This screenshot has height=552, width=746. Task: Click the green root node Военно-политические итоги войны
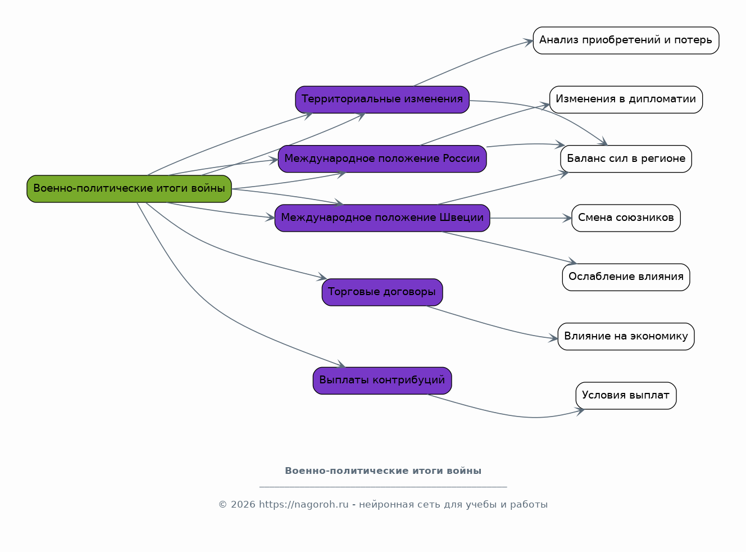pyautogui.click(x=129, y=189)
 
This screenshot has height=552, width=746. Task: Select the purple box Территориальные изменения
pyautogui.click(x=382, y=99)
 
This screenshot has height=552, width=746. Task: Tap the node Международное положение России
pyautogui.click(x=382, y=159)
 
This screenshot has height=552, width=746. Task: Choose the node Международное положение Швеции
pyautogui.click(x=382, y=218)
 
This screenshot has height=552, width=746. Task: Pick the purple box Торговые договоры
pyautogui.click(x=382, y=292)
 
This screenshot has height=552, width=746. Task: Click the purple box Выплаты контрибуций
pyautogui.click(x=382, y=381)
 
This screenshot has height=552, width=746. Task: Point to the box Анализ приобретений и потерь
pyautogui.click(x=626, y=40)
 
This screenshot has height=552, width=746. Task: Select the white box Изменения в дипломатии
pyautogui.click(x=626, y=99)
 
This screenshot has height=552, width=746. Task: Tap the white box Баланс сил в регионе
pyautogui.click(x=626, y=159)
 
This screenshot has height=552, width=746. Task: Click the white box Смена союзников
pyautogui.click(x=626, y=218)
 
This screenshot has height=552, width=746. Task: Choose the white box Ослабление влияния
pyautogui.click(x=626, y=277)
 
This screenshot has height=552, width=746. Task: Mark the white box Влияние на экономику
pyautogui.click(x=626, y=337)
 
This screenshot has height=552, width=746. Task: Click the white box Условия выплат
pyautogui.click(x=626, y=396)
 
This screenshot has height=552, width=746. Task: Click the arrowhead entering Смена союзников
pyautogui.click(x=568, y=218)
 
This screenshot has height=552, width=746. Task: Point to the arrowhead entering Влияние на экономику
pyautogui.click(x=554, y=338)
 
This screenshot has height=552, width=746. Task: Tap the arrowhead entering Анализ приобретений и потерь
pyautogui.click(x=529, y=42)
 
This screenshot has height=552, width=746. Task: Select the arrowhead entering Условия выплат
pyautogui.click(x=580, y=411)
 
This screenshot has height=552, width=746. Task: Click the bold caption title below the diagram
pyautogui.click(x=383, y=470)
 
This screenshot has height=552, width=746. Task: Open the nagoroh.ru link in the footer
pyautogui.click(x=304, y=504)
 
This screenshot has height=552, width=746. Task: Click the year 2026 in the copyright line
pyautogui.click(x=243, y=504)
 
